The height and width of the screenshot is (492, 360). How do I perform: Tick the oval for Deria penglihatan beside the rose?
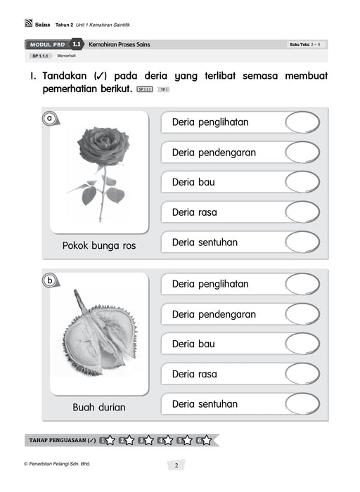pyautogui.click(x=302, y=122)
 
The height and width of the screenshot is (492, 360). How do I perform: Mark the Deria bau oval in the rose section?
pyautogui.click(x=302, y=182)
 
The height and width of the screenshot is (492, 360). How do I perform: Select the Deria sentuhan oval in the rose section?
pyautogui.click(x=302, y=242)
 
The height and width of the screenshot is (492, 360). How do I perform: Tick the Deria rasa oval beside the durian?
pyautogui.click(x=302, y=374)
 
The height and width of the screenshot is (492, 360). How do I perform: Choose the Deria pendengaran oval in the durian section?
pyautogui.click(x=302, y=314)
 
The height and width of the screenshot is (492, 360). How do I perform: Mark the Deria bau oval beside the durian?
pyautogui.click(x=302, y=344)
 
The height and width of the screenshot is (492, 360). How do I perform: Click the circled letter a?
pyautogui.click(x=49, y=119)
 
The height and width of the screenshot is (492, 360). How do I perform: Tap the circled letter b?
pyautogui.click(x=49, y=281)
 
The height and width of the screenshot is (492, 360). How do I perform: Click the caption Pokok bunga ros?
pyautogui.click(x=99, y=246)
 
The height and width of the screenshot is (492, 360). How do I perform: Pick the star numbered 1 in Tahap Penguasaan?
pyautogui.click(x=110, y=441)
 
